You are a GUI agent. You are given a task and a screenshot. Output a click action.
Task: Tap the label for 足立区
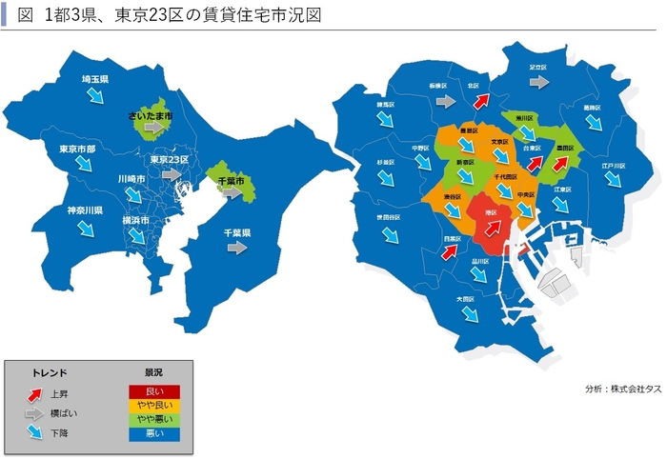(x=538, y=68)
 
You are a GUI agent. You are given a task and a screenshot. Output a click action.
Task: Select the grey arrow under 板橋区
(x=438, y=98)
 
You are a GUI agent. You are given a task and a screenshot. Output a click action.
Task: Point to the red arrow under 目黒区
(x=451, y=251)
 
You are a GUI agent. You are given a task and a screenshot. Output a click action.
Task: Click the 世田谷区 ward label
(x=387, y=217)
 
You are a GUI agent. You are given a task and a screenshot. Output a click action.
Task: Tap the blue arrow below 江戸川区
(x=612, y=180)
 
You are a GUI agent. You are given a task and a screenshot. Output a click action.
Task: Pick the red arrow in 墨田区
(x=562, y=163)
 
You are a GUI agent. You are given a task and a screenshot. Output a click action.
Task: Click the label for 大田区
(x=465, y=299)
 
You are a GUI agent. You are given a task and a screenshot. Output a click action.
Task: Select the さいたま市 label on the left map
(x=150, y=115)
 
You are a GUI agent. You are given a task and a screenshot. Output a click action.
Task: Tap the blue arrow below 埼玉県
(x=96, y=96)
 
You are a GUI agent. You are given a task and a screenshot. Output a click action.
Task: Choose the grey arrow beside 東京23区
(x=172, y=175)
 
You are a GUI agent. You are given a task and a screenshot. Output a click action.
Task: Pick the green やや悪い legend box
(x=154, y=418)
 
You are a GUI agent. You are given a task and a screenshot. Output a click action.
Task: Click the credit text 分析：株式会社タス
(x=623, y=389)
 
